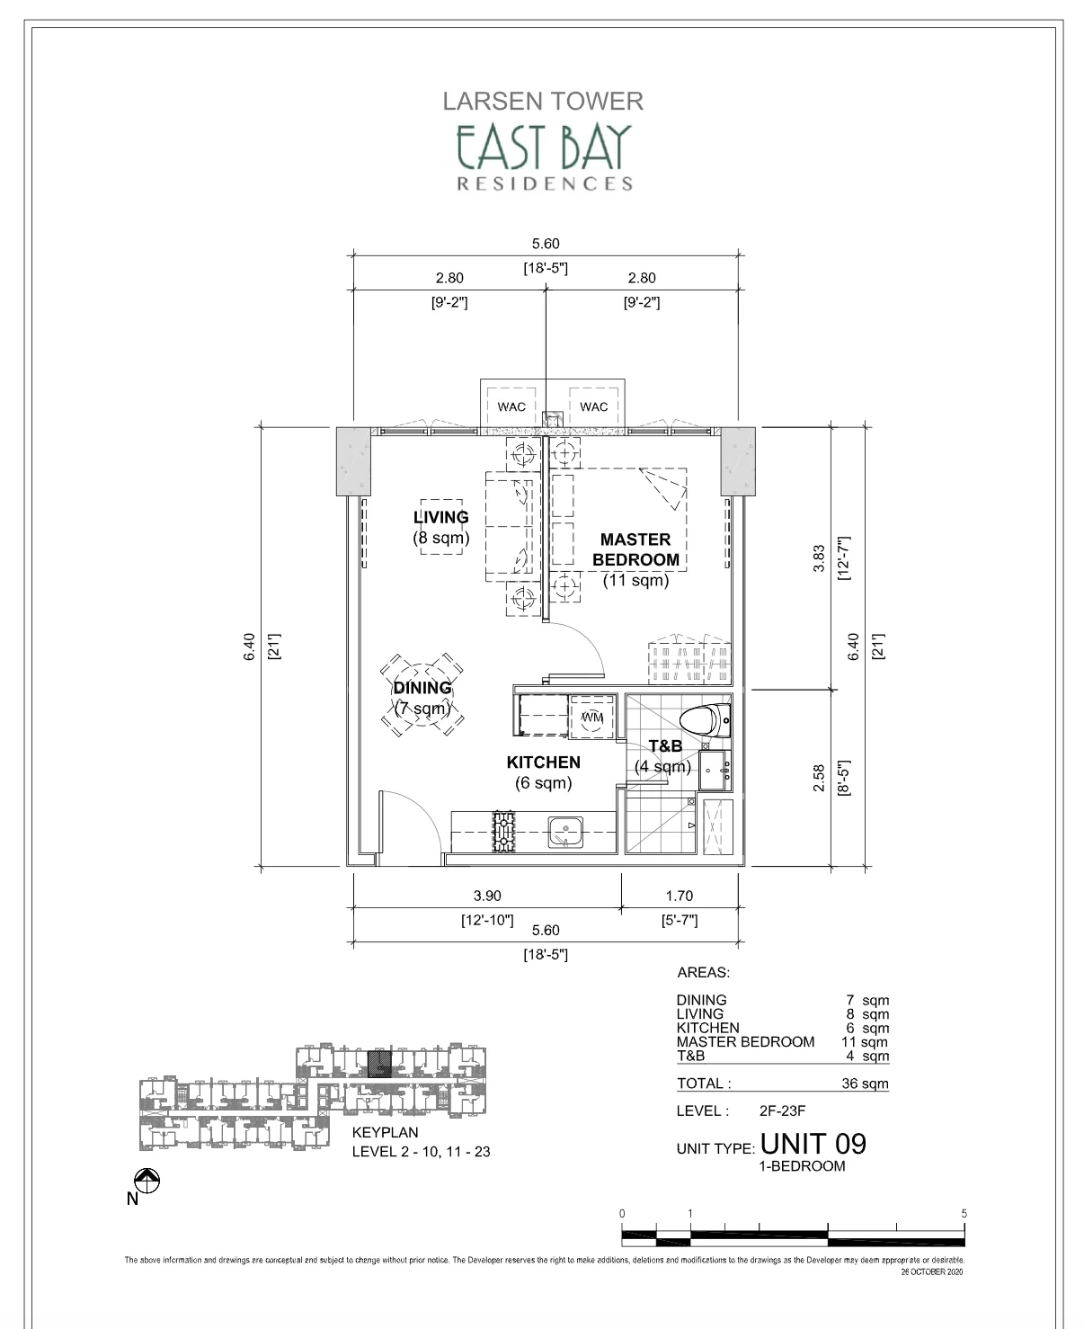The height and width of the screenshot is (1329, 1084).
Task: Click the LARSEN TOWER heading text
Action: pyautogui.click(x=542, y=102)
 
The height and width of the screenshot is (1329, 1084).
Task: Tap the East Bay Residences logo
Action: pyautogui.click(x=544, y=157)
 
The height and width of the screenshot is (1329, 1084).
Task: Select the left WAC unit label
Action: pyautogui.click(x=511, y=407)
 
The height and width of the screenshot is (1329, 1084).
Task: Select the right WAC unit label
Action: pyautogui.click(x=593, y=407)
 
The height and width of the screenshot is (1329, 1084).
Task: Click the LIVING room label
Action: pyautogui.click(x=441, y=517)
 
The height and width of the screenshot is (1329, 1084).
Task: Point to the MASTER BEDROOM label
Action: pyautogui.click(x=635, y=549)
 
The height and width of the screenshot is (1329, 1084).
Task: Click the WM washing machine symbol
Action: pyautogui.click(x=591, y=718)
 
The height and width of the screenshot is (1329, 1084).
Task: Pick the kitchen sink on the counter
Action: pyautogui.click(x=565, y=833)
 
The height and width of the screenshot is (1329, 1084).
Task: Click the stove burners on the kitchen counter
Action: pyautogui.click(x=504, y=833)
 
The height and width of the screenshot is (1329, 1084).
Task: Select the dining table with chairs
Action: pyautogui.click(x=422, y=695)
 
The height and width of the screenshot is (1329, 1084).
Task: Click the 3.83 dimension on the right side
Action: pyautogui.click(x=818, y=557)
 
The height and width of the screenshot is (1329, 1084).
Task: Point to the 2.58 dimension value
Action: pyautogui.click(x=818, y=778)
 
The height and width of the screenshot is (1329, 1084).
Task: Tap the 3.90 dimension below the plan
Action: pyautogui.click(x=487, y=896)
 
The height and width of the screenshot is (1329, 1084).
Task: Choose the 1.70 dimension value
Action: pyautogui.click(x=679, y=896)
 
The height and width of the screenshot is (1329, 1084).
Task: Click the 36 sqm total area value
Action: pyautogui.click(x=865, y=1084)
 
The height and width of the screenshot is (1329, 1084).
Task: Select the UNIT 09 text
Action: pyautogui.click(x=813, y=1144)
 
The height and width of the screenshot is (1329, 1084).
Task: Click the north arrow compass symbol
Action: pyautogui.click(x=147, y=1181)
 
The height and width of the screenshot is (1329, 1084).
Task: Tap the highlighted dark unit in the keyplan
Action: pyautogui.click(x=379, y=1064)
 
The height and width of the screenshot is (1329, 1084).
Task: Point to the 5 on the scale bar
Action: pyautogui.click(x=964, y=1213)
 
